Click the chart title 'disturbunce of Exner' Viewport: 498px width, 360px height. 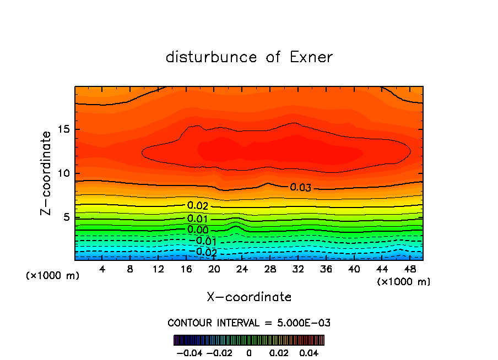(249, 57)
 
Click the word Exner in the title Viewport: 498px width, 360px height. (311, 57)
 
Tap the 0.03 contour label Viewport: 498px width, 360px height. (301, 188)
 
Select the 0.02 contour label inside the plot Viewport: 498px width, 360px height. (198, 206)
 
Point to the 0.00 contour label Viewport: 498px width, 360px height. (198, 230)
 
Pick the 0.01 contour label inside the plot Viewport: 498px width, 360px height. (198, 219)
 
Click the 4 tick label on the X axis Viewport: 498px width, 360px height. (102, 269)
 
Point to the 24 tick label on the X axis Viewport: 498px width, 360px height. (242, 269)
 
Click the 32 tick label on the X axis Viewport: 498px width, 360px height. (298, 269)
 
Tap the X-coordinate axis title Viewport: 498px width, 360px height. (249, 297)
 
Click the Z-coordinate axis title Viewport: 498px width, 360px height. (47, 173)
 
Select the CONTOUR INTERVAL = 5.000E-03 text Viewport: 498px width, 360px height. (249, 323)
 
